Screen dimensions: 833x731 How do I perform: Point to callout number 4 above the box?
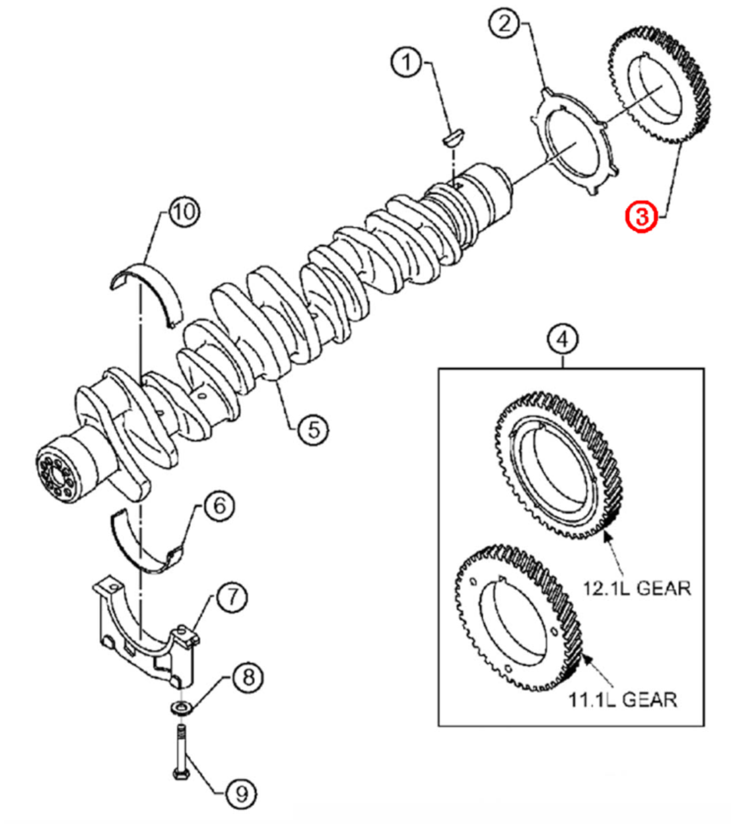coord(563,340)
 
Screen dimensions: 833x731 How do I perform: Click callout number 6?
coord(219,507)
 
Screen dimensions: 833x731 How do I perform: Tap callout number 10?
coord(184,213)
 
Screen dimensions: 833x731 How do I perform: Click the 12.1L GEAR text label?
coord(637,587)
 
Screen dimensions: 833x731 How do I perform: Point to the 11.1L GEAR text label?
coord(623,698)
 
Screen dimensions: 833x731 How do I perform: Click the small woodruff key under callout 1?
coord(454,137)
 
